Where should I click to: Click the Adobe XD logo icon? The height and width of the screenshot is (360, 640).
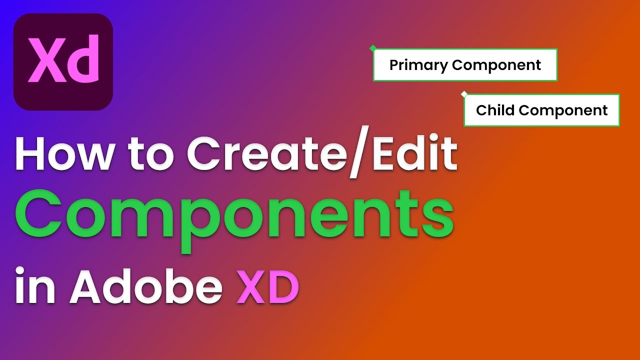(x=63, y=62)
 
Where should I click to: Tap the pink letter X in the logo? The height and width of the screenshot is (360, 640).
(x=45, y=62)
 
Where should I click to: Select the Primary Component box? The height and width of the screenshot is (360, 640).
(x=465, y=65)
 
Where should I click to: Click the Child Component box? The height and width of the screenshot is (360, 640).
(x=541, y=110)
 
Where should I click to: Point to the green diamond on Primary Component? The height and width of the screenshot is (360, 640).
(x=372, y=48)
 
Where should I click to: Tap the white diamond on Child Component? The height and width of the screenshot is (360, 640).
(x=464, y=93)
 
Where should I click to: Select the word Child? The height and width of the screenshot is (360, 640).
(x=492, y=110)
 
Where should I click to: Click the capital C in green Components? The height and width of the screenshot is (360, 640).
(x=39, y=215)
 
